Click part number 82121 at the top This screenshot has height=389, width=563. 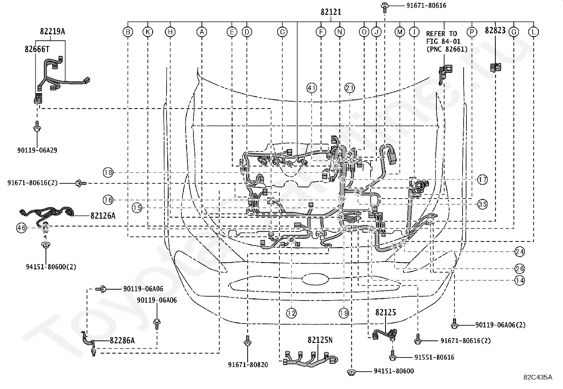331,12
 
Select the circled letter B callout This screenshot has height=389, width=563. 128,32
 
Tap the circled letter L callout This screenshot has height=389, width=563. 533,32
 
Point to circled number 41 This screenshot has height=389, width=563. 312,88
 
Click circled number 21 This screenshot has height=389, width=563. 349,88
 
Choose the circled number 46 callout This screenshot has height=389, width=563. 21,228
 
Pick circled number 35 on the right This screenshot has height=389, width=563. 482,204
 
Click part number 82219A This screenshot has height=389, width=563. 52,32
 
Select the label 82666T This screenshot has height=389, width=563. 37,49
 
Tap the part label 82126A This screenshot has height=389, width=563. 103,216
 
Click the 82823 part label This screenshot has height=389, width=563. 495,30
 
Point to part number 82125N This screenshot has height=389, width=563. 320,340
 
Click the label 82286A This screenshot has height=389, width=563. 122,341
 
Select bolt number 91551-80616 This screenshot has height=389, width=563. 429,357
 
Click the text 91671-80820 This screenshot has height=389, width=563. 248,365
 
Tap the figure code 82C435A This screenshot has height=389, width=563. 538,377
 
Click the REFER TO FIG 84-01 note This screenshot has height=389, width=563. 446,41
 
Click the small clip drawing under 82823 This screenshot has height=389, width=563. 495,67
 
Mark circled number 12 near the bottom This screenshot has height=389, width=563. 291,313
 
